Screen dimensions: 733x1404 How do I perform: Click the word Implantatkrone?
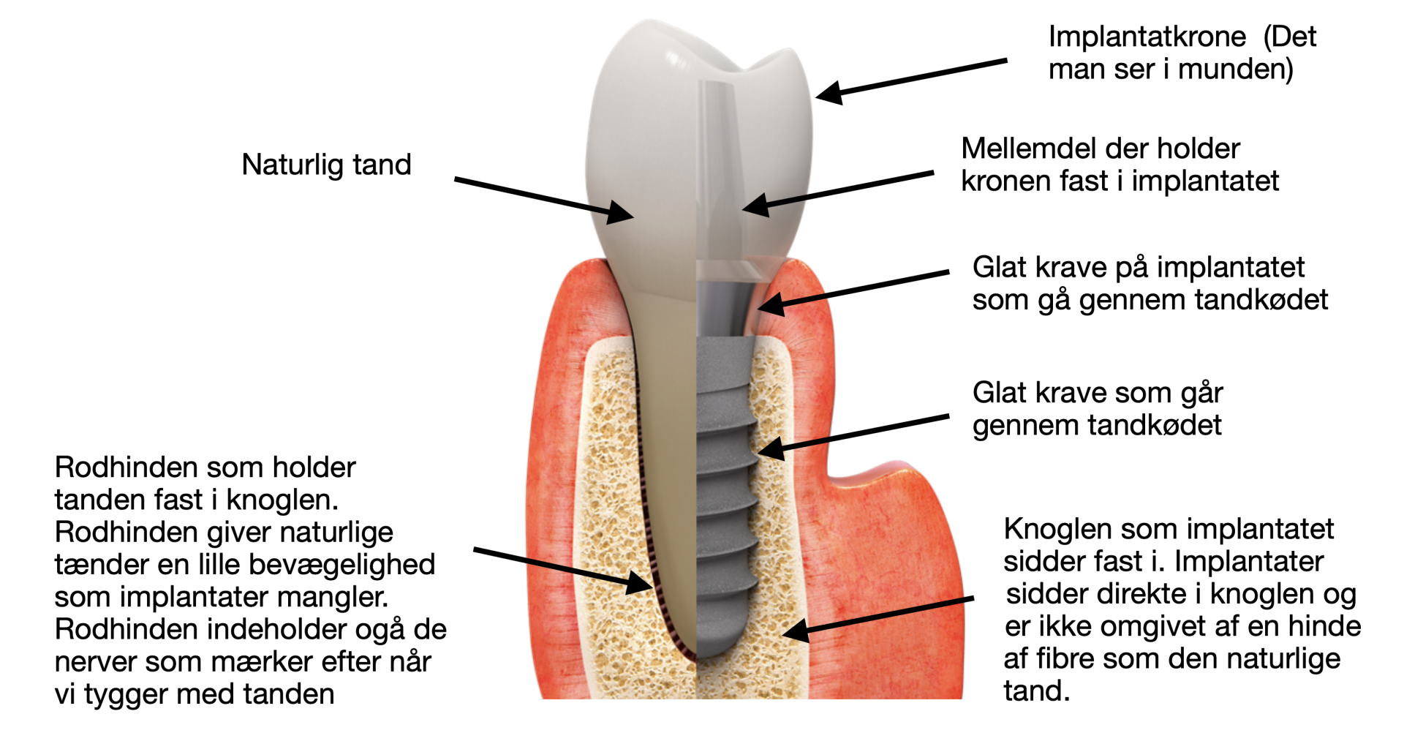pos(1147,37)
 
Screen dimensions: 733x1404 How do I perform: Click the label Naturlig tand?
pos(326,165)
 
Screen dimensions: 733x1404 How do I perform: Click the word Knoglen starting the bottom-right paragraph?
pos(1057,529)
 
